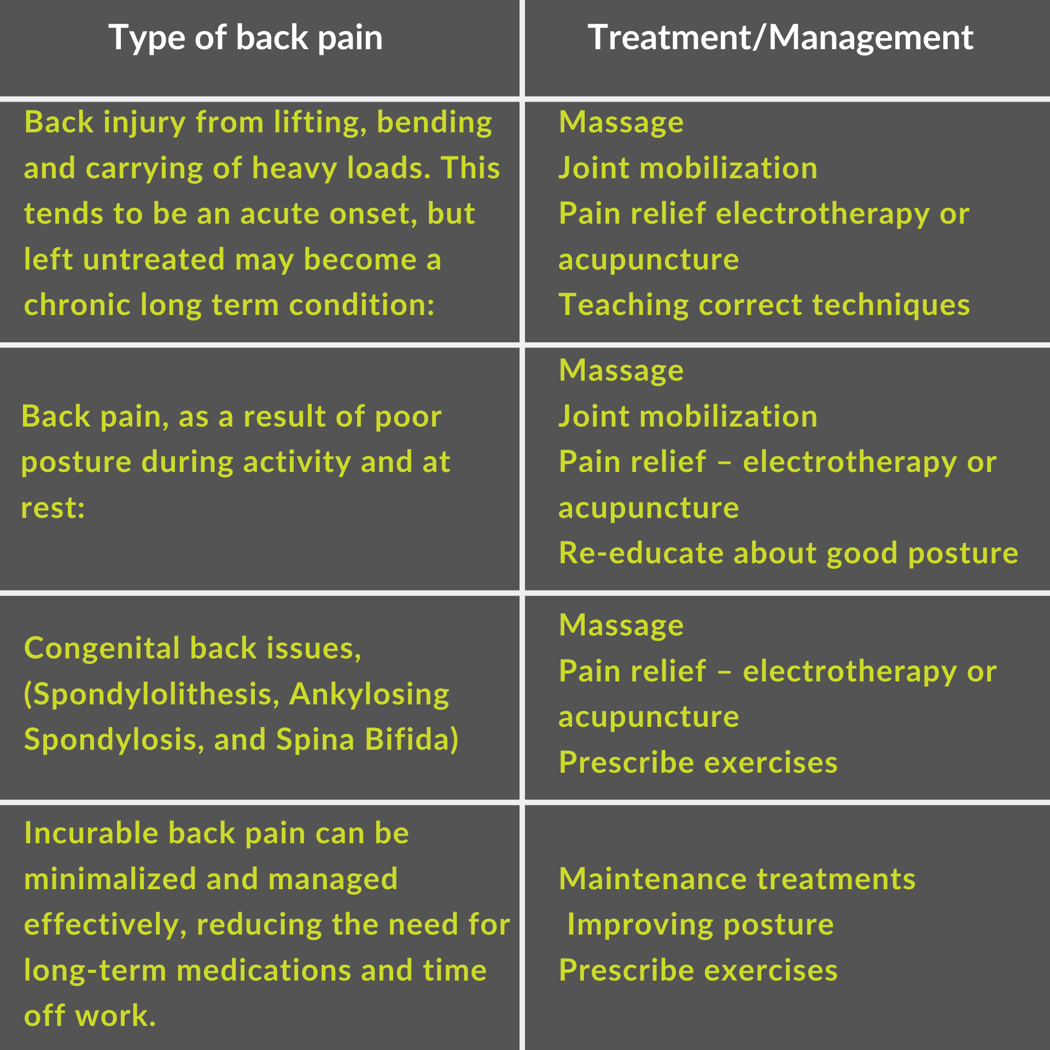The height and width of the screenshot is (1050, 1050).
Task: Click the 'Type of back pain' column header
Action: [246, 38]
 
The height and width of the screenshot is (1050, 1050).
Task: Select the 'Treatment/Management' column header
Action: [780, 38]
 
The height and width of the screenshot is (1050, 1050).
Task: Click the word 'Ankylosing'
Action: [369, 695]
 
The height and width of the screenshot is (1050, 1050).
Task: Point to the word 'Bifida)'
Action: [411, 739]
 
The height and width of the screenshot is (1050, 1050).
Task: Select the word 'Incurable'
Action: [91, 833]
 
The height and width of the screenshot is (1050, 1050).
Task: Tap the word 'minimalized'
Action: [110, 879]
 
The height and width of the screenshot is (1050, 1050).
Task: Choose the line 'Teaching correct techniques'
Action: [764, 305]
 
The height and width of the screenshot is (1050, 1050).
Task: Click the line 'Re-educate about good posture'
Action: [788, 553]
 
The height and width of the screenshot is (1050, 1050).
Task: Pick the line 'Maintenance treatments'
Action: [737, 879]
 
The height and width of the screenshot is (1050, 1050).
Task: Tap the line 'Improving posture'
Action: [701, 925]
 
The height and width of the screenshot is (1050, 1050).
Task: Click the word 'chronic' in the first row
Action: [77, 305]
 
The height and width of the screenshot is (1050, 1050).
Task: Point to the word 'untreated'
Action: [154, 259]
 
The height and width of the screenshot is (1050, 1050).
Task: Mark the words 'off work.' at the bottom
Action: [90, 1016]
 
